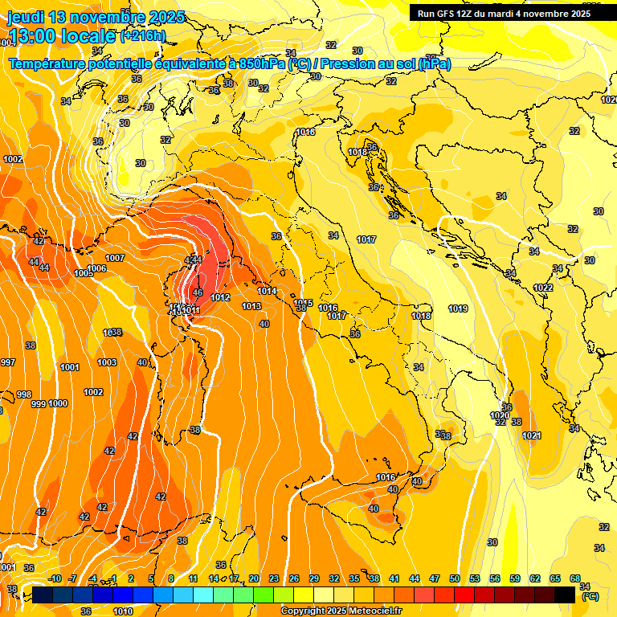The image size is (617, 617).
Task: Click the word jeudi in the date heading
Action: pyautogui.click(x=26, y=17)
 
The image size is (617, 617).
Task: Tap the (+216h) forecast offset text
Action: pyautogui.click(x=143, y=36)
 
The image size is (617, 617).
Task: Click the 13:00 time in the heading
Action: pyautogui.click(x=32, y=36)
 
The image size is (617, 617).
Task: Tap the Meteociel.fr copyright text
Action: pyautogui.click(x=341, y=611)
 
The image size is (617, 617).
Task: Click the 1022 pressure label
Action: pyautogui.click(x=543, y=288)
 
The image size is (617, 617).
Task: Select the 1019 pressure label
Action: pyautogui.click(x=458, y=308)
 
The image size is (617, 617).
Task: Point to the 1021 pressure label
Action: pyautogui.click(x=531, y=435)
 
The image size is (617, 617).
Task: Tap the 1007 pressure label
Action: pyautogui.click(x=115, y=258)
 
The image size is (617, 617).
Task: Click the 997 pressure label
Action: pyautogui.click(x=8, y=362)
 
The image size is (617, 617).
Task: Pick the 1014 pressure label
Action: pyautogui.click(x=268, y=291)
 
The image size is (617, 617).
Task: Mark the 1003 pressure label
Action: pyautogui.click(x=107, y=362)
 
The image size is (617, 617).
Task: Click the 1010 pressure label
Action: pyautogui.click(x=123, y=611)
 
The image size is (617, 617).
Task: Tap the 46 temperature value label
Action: pyautogui.click(x=198, y=293)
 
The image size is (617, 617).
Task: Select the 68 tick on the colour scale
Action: pyautogui.click(x=575, y=578)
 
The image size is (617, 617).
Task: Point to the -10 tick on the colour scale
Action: pyautogui.click(x=55, y=578)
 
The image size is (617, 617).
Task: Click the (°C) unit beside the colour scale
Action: pyautogui.click(x=590, y=597)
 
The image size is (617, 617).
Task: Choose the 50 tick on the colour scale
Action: pyautogui.click(x=455, y=578)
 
